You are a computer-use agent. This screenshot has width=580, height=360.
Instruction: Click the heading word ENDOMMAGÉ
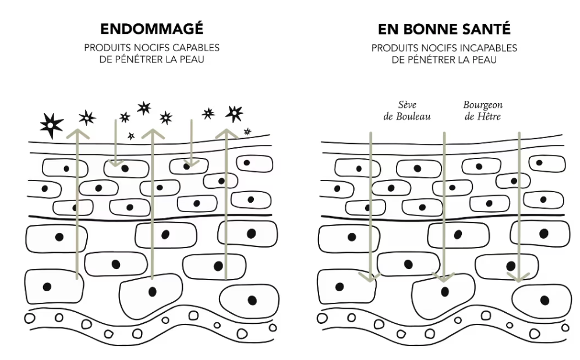pos(151,29)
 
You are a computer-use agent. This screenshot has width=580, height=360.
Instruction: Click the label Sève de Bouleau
pos(407,111)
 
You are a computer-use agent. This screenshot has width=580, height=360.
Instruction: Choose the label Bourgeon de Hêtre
pos(483,111)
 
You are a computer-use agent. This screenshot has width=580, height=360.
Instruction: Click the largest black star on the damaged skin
pos(51,125)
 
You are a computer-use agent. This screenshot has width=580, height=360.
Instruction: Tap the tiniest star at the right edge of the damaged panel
pos(247,131)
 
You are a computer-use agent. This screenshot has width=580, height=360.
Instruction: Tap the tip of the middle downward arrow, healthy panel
pos(444,282)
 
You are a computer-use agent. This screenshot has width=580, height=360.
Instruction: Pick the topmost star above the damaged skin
pos(144,108)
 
